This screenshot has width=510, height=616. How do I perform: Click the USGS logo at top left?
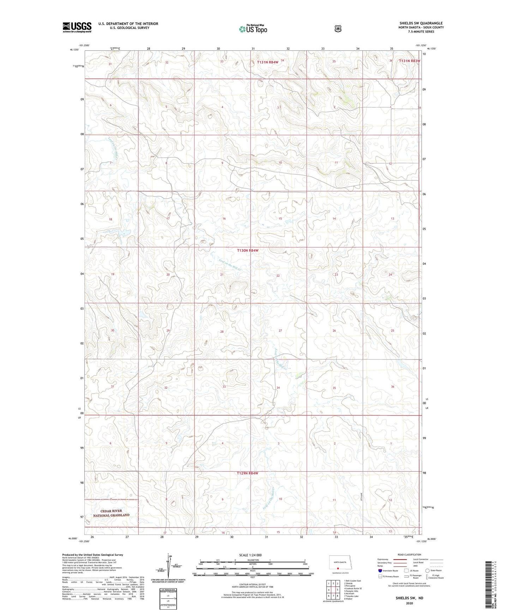tap(77, 27)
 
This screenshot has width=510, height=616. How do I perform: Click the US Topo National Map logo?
tap(253, 29)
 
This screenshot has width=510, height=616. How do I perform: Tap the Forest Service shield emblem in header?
tap(338, 28)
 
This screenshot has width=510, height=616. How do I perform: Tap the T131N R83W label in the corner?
tap(409, 61)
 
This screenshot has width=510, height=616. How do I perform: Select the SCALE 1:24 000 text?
tap(250, 555)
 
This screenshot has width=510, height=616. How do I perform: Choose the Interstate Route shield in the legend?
tap(380, 570)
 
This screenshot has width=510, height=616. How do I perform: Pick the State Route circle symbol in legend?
tap(427, 570)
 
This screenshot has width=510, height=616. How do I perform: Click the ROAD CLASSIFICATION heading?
tap(409, 555)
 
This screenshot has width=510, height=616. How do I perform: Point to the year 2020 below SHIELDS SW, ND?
tap(409, 603)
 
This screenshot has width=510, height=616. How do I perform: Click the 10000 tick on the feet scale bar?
tap(311, 574)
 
